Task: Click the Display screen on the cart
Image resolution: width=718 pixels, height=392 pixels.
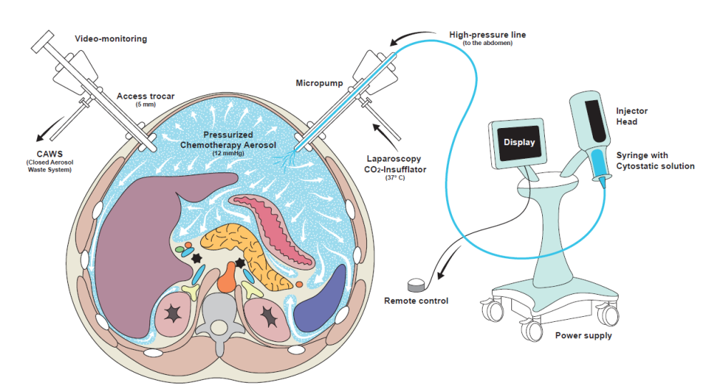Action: [x=518, y=142]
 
